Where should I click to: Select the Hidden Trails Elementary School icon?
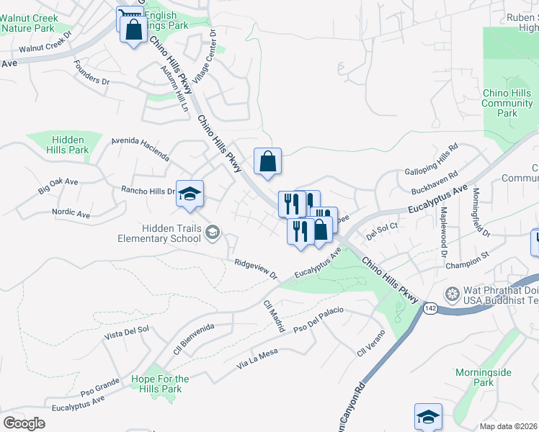pos(212,232)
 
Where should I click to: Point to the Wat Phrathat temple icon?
pos(452,294)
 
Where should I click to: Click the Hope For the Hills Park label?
pos(161,384)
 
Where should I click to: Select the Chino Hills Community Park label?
pos(508,103)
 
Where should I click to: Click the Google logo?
pos(24,423)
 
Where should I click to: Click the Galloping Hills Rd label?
pos(432,158)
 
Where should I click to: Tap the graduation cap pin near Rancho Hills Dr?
pos(190,194)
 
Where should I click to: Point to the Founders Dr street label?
pos(92,72)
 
